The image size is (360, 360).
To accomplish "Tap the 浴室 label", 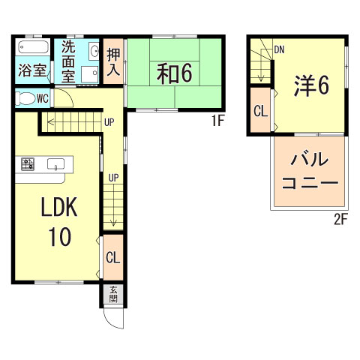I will [32, 72].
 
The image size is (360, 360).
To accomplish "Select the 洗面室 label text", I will [68, 59].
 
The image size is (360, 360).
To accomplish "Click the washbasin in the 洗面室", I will [94, 51].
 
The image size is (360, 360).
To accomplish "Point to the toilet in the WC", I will [27, 97].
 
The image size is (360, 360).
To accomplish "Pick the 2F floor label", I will [342, 219].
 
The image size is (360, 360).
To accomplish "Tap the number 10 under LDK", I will [60, 237].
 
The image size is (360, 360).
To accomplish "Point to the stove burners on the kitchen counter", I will [28, 163].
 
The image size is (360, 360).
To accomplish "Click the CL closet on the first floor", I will [113, 258].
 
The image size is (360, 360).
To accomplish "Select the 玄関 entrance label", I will [113, 293].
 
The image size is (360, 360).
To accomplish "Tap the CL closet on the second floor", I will [260, 111].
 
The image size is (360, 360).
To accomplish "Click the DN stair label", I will [279, 49].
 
